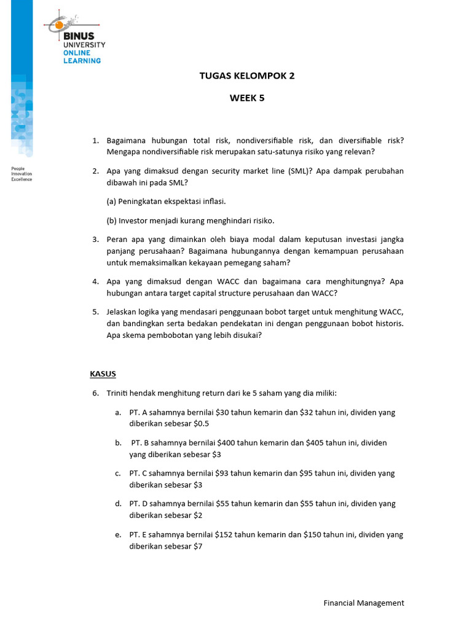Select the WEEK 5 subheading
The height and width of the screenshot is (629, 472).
(247, 98)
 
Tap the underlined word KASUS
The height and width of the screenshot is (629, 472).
(103, 373)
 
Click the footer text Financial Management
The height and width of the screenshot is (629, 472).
(364, 603)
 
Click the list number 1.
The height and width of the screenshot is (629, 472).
(96, 140)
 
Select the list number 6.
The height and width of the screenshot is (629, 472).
(96, 393)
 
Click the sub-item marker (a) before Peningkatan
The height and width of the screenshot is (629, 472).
(111, 201)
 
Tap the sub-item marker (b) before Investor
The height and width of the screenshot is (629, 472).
(111, 221)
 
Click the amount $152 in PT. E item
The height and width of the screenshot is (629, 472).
(223, 534)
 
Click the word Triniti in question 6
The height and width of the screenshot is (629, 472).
(118, 393)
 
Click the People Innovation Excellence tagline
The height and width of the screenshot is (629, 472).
(22, 173)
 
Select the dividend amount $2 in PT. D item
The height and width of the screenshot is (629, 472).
(198, 515)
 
